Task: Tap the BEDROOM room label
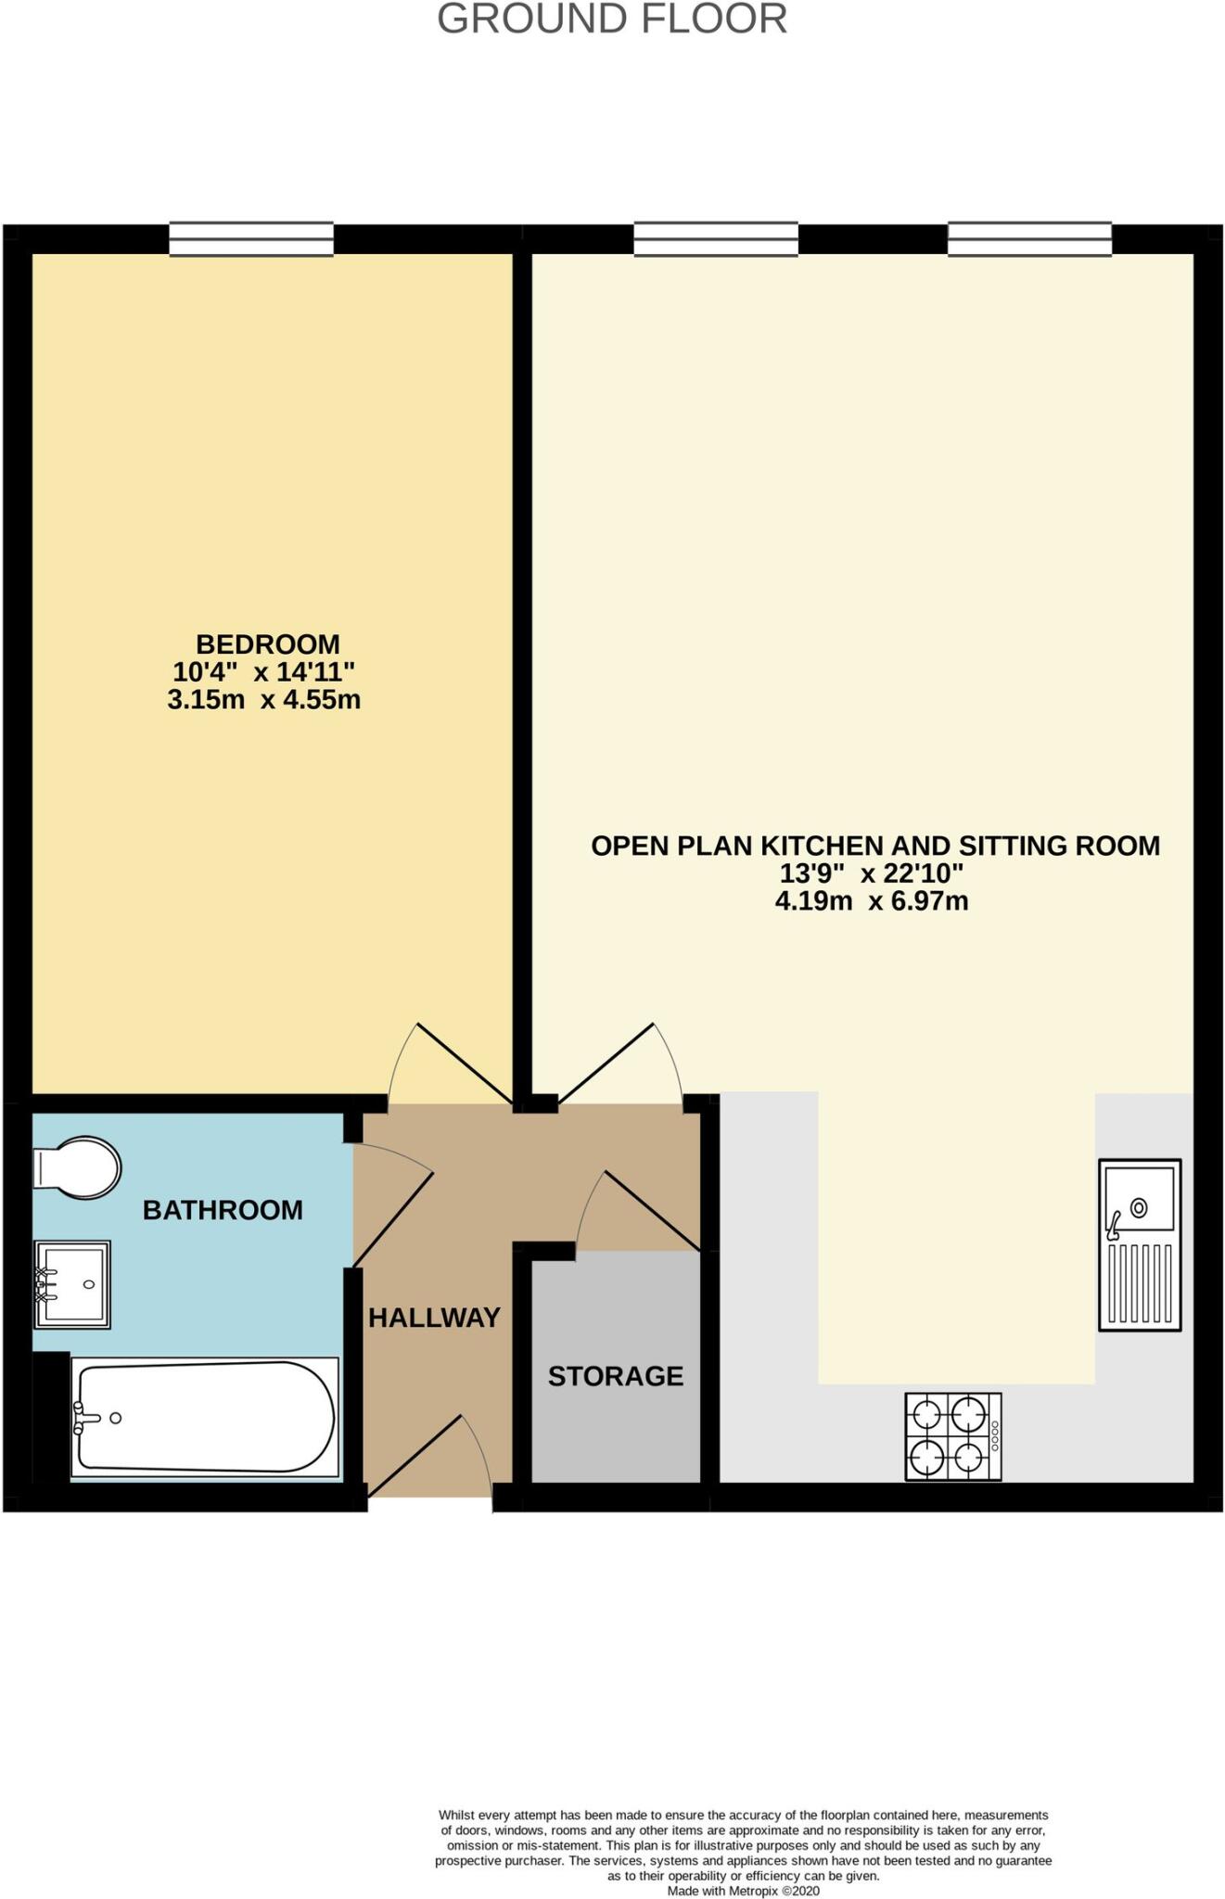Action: coord(268,644)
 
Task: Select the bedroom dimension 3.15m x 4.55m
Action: coord(264,699)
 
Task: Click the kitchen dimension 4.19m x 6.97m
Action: coord(872,900)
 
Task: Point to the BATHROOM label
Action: coord(223,1210)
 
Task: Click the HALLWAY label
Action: coord(434,1318)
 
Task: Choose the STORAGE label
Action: coord(616,1376)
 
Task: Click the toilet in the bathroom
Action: coord(78,1168)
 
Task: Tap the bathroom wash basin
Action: coord(72,1284)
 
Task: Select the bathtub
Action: coord(204,1417)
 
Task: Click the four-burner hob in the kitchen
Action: coord(953,1436)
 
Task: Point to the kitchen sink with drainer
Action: coord(1140,1244)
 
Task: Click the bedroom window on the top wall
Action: coord(251,239)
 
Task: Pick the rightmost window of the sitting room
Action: coord(1029,239)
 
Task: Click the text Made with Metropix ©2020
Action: coord(743,1891)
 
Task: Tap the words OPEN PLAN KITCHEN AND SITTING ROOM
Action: coord(875,846)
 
